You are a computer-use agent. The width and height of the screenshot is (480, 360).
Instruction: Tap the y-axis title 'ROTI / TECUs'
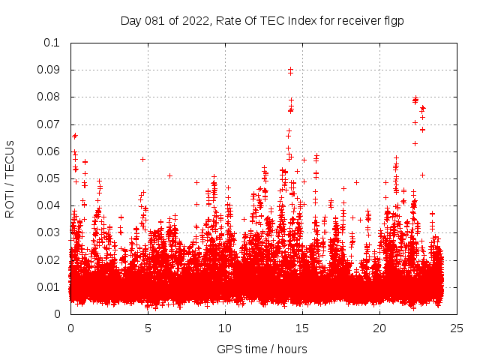(10, 178)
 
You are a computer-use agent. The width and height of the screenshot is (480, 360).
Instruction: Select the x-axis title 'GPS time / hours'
(262, 349)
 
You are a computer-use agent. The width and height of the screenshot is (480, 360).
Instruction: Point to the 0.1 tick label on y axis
(52, 43)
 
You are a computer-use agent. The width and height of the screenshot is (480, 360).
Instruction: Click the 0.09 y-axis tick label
(49, 70)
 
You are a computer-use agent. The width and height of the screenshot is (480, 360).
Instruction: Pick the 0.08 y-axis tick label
(49, 97)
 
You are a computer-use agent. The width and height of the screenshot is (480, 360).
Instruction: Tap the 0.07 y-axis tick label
(49, 124)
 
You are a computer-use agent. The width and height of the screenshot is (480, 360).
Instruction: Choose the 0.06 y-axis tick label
(49, 151)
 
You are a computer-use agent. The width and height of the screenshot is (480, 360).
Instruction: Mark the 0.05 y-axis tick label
(49, 178)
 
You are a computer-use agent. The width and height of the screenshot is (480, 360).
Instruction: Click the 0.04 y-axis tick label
(49, 205)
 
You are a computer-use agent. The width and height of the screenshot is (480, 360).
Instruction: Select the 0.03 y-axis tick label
(49, 232)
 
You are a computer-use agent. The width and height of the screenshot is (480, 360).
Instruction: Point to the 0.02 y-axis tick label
(49, 259)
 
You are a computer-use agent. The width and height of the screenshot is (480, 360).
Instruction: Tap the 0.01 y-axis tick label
(49, 287)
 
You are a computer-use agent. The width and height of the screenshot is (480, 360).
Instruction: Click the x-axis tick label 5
(148, 328)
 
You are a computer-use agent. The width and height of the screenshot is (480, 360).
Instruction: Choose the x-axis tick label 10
(225, 328)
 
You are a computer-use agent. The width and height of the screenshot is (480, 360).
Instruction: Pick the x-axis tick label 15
(302, 328)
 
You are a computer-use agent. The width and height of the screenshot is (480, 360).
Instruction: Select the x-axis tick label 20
(379, 328)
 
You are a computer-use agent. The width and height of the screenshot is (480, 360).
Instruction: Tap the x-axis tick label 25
(457, 328)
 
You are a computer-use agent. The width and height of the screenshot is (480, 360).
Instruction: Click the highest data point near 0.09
(290, 70)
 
